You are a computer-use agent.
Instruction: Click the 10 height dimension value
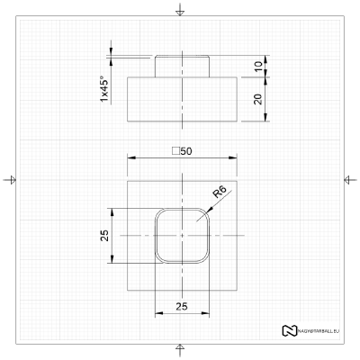[x=257, y=67]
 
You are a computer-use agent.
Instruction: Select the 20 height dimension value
[x=257, y=99]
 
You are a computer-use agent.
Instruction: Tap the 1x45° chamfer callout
[x=104, y=87]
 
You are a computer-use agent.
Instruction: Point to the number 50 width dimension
[x=186, y=151]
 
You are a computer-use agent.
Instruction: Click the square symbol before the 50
[x=175, y=151]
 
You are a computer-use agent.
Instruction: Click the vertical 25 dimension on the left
[x=104, y=236]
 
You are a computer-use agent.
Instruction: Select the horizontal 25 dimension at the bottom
[x=182, y=307]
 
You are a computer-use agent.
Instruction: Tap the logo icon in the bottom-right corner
[x=289, y=330]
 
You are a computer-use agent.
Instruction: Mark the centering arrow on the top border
[x=181, y=10]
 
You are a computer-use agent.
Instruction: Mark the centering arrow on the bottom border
[x=181, y=349]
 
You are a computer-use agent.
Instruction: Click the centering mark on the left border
[x=10, y=180]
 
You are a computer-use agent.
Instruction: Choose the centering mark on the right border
[x=349, y=180]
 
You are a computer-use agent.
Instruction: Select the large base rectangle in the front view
[x=182, y=99]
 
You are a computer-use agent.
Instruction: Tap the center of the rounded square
[x=182, y=236]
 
